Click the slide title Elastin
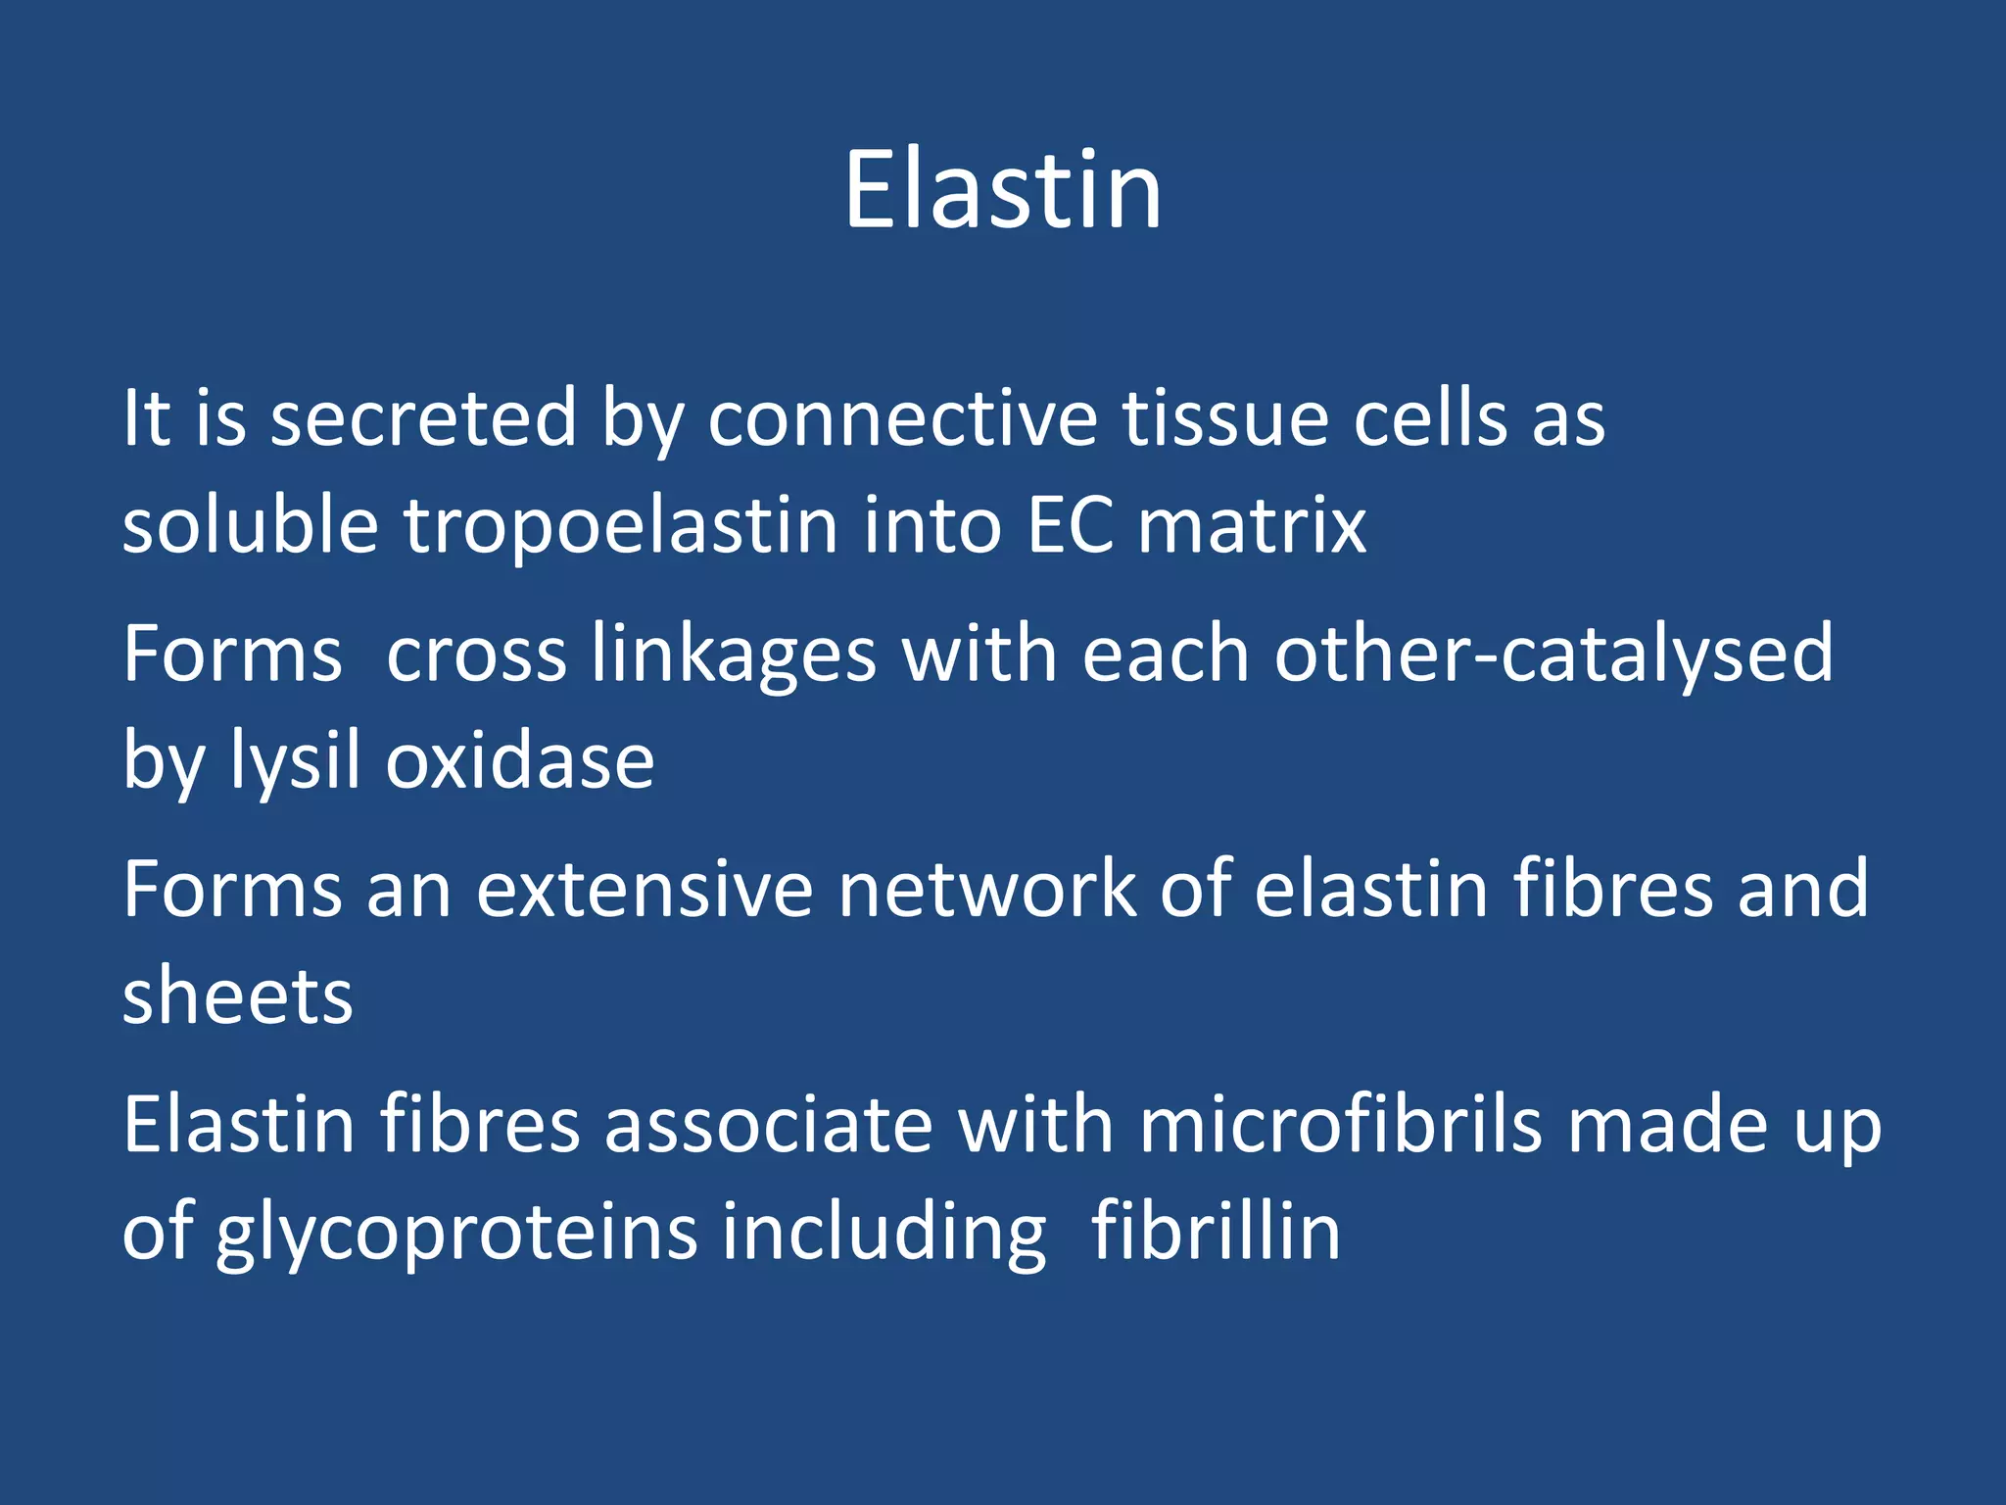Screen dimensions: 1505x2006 [x=1003, y=191]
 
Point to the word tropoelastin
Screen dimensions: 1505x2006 [x=621, y=527]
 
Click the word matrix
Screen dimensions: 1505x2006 [x=1252, y=527]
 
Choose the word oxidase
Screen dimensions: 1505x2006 [x=520, y=762]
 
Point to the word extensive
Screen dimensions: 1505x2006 [x=645, y=890]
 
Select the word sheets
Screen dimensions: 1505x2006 [x=237, y=997]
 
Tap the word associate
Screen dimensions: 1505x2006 [x=769, y=1125]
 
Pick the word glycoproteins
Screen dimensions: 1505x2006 [x=456, y=1233]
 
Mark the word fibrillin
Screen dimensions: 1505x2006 [x=1216, y=1231]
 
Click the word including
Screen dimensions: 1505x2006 [x=884, y=1233]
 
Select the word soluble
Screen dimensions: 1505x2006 [x=250, y=527]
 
